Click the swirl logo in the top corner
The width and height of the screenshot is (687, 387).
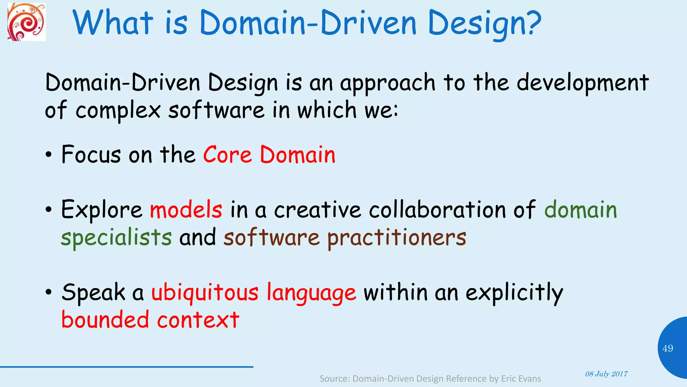tap(27, 22)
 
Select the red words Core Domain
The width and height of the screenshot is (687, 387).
tap(269, 155)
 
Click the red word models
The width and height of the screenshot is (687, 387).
tap(186, 210)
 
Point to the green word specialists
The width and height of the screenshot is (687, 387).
tap(116, 238)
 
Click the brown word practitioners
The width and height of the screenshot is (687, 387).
tap(397, 238)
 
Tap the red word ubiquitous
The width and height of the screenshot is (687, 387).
tap(205, 292)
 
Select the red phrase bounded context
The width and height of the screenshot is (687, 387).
tap(150, 319)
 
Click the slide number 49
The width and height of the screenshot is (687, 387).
tap(668, 348)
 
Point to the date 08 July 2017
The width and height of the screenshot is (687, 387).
tap(606, 374)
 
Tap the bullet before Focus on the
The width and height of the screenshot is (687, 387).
tap(49, 155)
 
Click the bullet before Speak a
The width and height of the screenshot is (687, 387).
tap(49, 292)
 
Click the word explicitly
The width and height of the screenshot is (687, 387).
tap(514, 292)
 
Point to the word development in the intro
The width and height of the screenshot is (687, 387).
tap(582, 83)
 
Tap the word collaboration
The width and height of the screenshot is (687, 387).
tap(437, 210)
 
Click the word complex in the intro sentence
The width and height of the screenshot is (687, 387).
tap(118, 110)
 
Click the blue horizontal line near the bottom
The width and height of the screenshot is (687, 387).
tap(126, 367)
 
